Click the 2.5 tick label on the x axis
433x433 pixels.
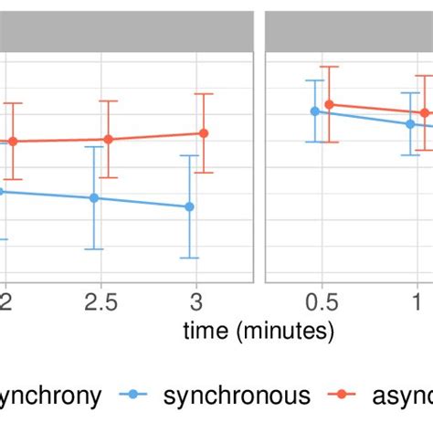pos(100,303)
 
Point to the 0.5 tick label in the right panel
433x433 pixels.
pos(322,303)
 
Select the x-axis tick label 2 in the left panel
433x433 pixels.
pos(5,303)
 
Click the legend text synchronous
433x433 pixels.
pos(237,395)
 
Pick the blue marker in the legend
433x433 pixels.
pos(135,395)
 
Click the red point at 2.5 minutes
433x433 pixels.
pos(108,139)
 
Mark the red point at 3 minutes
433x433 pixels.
pos(204,132)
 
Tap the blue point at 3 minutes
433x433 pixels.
pos(189,206)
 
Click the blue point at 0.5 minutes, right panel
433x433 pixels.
pos(314,111)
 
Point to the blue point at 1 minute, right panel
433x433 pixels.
pos(410,124)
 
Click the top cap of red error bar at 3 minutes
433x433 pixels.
pos(204,93)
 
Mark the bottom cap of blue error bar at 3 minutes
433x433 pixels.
pos(189,258)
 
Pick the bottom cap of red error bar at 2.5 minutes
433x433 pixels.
pos(108,177)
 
